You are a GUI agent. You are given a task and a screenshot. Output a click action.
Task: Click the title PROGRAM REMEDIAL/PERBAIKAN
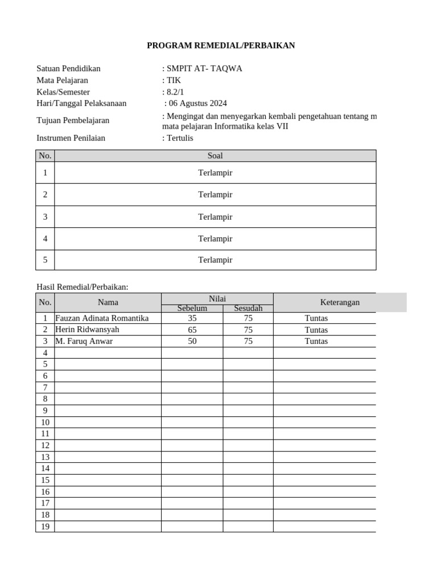click(221, 46)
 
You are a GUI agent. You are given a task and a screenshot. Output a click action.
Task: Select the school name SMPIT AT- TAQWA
click(203, 69)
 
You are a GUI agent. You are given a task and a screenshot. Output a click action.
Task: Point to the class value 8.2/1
click(173, 92)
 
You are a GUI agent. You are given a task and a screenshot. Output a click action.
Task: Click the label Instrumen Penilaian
click(71, 138)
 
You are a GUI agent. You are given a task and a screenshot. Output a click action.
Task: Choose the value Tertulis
click(179, 138)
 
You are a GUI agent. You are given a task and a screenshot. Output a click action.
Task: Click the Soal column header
click(215, 155)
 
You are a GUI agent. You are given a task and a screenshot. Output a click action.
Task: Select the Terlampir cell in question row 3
click(215, 216)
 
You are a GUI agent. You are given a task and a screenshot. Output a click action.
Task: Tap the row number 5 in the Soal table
click(45, 260)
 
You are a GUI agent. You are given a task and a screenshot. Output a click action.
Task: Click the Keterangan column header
click(340, 302)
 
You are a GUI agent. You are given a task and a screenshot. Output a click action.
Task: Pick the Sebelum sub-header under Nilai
click(192, 308)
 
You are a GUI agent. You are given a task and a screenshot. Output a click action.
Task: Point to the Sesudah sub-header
click(248, 308)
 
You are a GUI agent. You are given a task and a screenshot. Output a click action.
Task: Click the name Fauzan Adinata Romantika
click(102, 318)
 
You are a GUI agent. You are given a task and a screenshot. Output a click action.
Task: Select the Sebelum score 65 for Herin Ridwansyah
click(192, 330)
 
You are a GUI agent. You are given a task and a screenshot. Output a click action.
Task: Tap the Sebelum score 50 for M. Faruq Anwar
click(192, 341)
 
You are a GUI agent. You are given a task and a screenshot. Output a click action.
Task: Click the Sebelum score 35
click(192, 318)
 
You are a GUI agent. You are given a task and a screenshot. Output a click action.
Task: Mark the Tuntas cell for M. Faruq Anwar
click(316, 341)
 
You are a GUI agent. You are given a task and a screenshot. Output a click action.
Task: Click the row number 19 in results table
click(45, 527)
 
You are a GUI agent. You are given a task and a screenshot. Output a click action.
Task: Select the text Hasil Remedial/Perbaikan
click(83, 287)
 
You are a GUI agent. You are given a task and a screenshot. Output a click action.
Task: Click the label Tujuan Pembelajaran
click(73, 120)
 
